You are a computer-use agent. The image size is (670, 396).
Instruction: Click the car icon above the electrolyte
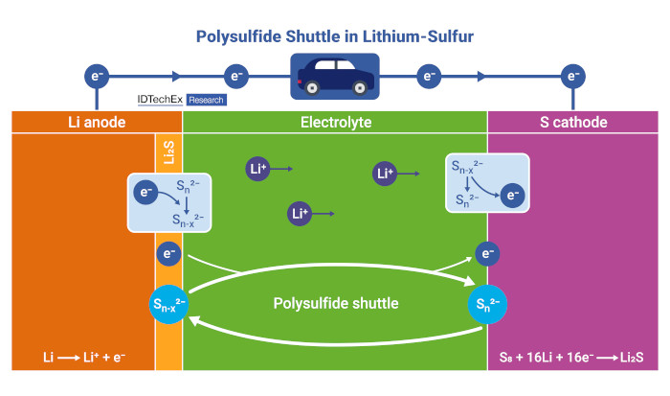point(335,76)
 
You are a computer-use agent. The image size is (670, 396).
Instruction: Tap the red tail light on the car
point(300,82)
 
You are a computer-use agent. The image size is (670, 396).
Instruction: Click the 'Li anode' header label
point(97,122)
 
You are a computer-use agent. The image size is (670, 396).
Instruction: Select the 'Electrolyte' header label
point(336,122)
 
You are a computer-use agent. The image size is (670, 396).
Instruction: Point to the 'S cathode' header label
point(573,122)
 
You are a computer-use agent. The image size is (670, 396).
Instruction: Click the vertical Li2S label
point(169,152)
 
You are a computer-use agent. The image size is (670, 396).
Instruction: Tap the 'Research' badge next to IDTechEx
point(207,100)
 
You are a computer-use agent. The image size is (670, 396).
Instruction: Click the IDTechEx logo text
point(160,100)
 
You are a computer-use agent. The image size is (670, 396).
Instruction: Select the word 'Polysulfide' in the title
point(239,36)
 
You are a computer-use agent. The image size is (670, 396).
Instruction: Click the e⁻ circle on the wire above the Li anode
point(97,76)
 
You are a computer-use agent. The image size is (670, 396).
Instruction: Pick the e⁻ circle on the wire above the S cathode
point(573,76)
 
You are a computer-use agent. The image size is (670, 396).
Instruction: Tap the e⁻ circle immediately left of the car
point(236,76)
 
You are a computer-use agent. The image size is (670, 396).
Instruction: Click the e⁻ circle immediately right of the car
point(429,76)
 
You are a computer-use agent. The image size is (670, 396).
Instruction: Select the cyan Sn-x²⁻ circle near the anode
point(168,304)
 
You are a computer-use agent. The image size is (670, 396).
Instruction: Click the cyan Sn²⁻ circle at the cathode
point(487,304)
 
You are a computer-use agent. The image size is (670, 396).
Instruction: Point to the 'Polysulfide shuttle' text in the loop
point(336,303)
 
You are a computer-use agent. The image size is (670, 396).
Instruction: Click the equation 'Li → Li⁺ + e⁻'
point(84,357)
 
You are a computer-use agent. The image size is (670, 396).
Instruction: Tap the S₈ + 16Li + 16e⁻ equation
point(571,357)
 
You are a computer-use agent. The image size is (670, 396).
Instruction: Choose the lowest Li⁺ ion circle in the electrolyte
point(300,214)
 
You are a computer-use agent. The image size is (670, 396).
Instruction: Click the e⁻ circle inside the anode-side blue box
point(145,192)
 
